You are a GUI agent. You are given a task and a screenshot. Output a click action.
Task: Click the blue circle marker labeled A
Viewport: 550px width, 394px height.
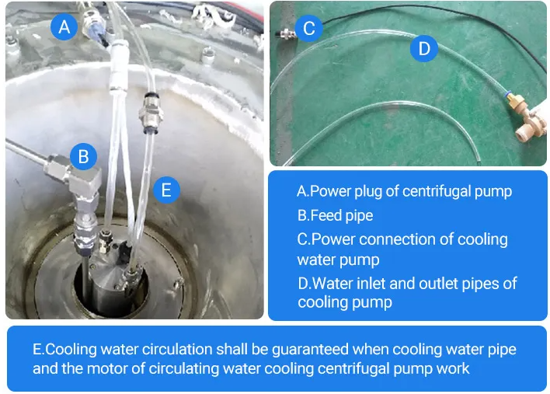[64, 26]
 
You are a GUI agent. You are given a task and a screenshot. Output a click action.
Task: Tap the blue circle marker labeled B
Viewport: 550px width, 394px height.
[83, 156]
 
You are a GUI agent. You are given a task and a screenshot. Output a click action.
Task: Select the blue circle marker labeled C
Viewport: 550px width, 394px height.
[308, 28]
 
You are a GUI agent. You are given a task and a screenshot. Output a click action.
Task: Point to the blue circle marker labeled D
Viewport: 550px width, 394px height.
[424, 48]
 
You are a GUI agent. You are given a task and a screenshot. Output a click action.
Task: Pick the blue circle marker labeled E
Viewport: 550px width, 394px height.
[166, 190]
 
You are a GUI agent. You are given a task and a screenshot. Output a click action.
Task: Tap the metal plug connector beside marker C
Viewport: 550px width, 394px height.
[287, 33]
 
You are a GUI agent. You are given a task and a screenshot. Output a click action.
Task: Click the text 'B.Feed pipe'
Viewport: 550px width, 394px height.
[335, 215]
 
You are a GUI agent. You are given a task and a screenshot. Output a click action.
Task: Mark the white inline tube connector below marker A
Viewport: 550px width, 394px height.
[118, 66]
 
